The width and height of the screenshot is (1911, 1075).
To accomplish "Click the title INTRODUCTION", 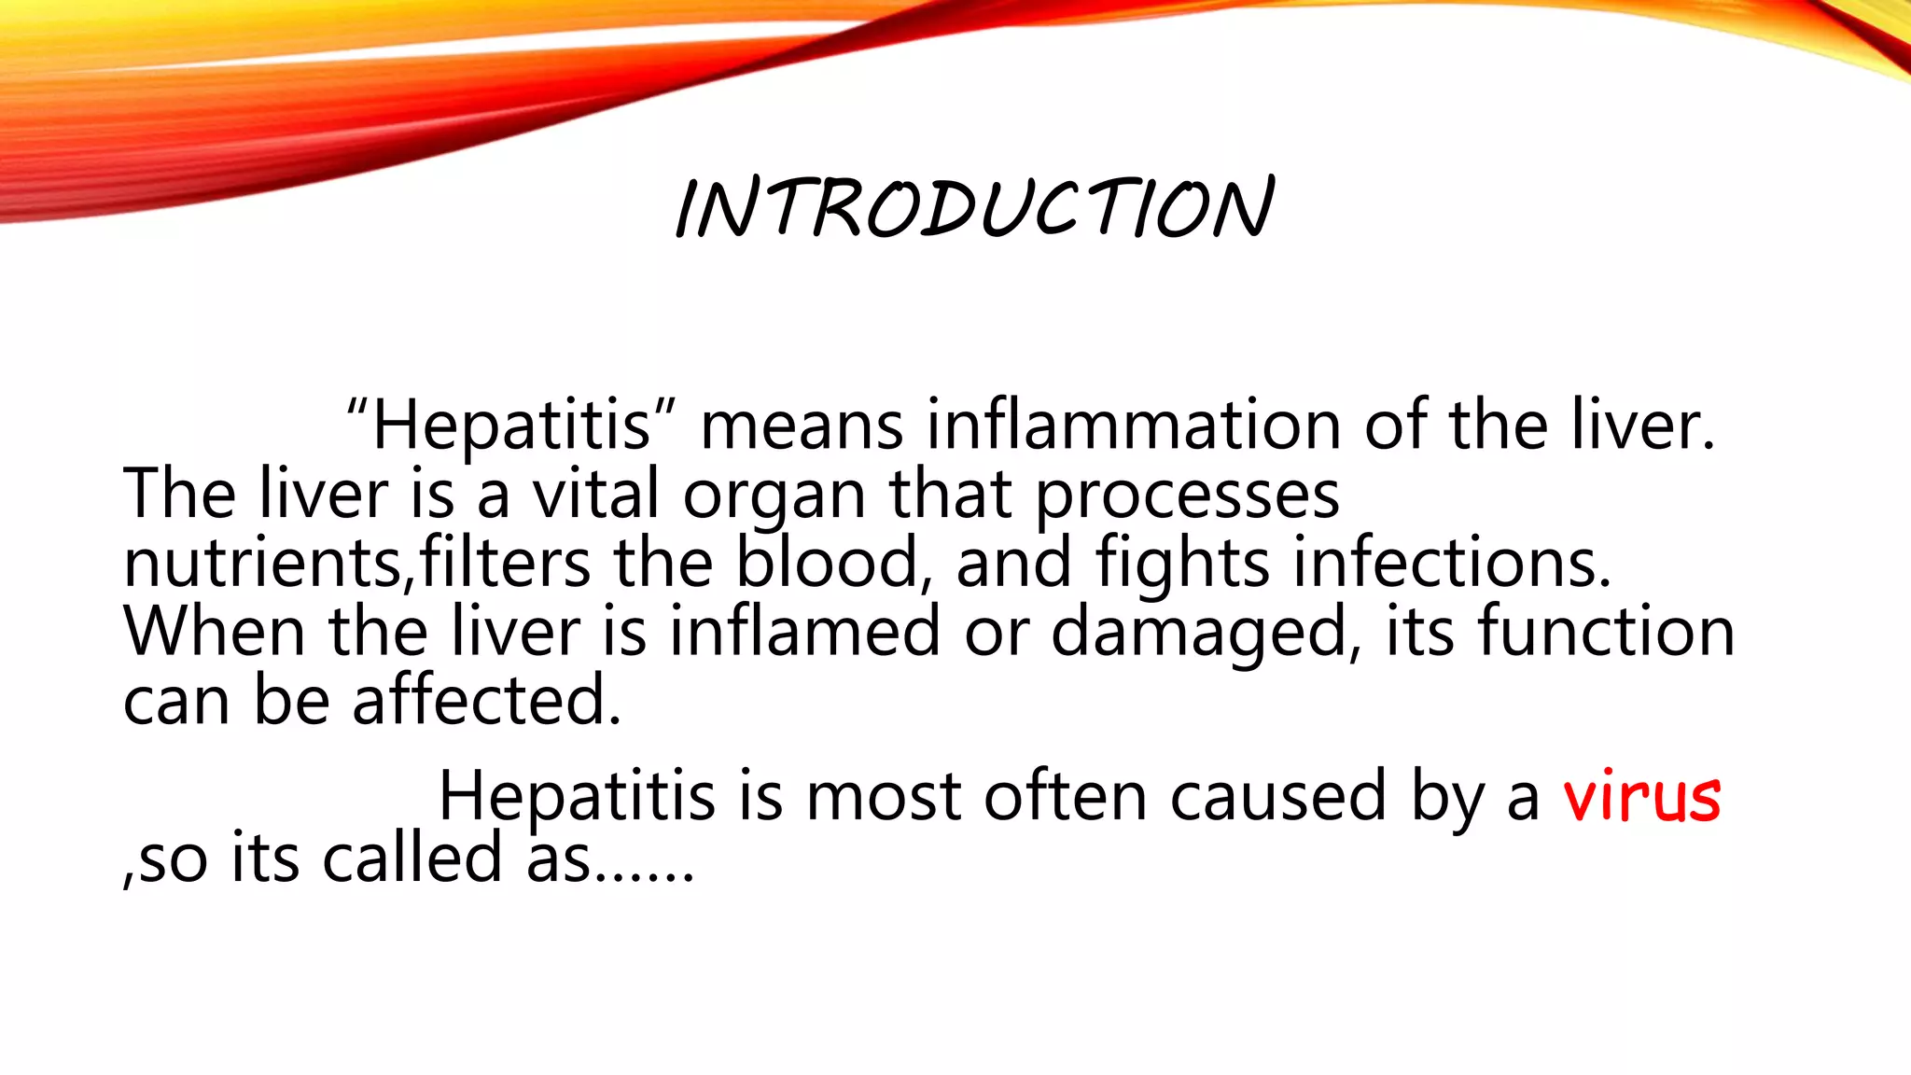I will pos(974,207).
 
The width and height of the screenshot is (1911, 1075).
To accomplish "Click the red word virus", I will pos(1641,797).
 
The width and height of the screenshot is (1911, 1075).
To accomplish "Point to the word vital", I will pos(595,494).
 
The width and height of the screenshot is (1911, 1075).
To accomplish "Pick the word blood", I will pos(828,563).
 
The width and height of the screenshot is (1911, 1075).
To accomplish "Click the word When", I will pos(214,632).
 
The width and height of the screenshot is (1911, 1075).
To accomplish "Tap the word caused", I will pos(1277,797).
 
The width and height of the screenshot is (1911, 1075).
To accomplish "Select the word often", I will pos(1064,797).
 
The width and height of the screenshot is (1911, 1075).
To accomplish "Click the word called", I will pos(412,859).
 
